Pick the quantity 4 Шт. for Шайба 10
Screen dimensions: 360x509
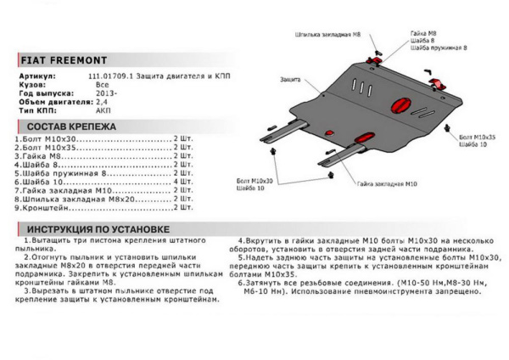(x=182, y=183)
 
